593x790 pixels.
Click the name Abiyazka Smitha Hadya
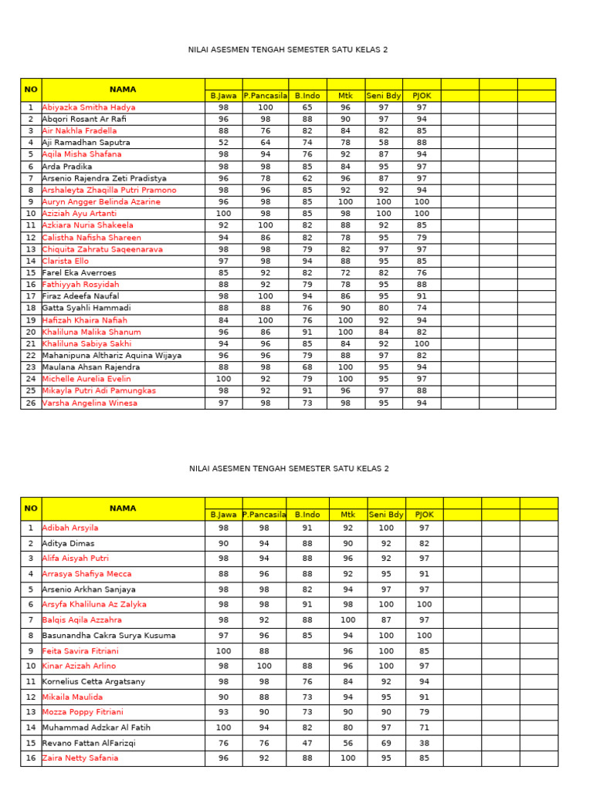point(89,107)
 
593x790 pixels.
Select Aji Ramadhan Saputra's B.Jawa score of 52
point(223,143)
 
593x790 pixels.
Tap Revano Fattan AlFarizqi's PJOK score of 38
point(424,743)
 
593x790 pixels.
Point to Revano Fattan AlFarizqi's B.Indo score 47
point(307,743)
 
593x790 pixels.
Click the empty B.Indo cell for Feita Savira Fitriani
point(307,651)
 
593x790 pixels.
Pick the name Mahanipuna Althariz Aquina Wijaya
point(112,356)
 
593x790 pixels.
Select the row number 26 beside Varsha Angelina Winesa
point(31,403)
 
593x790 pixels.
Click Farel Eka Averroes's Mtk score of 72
point(345,273)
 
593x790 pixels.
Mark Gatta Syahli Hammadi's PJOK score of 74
point(422,308)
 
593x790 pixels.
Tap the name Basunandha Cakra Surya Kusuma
point(109,636)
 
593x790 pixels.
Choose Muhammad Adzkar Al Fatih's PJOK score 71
point(424,728)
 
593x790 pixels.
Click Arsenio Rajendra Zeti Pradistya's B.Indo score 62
point(307,178)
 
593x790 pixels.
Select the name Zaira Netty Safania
point(80,758)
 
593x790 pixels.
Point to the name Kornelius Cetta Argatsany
point(93,682)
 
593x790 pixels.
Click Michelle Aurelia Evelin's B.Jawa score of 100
point(223,379)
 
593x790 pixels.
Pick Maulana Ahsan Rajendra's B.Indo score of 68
point(307,367)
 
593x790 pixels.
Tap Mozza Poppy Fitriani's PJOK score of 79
point(424,712)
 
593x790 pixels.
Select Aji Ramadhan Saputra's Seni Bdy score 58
point(384,143)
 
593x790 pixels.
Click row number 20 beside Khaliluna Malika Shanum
point(31,332)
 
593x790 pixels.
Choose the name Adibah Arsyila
point(70,528)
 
